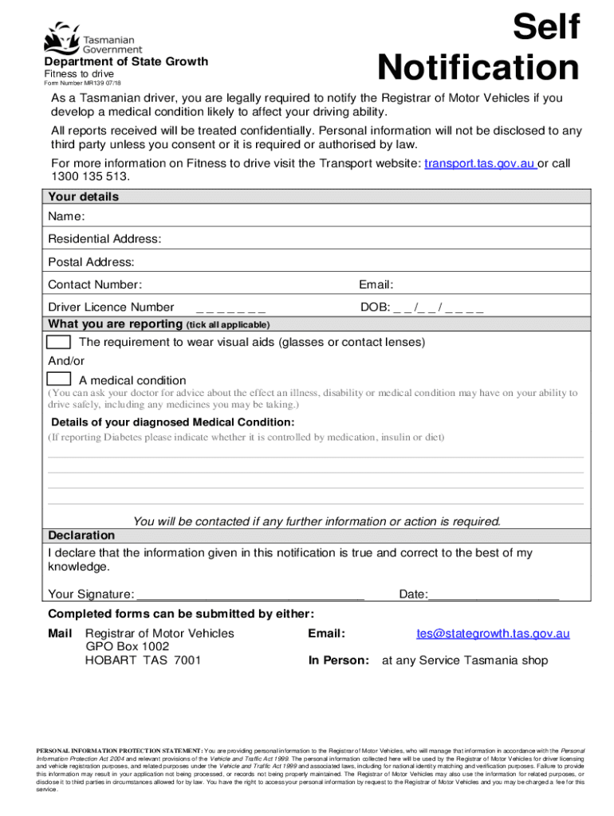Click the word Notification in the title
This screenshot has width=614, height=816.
click(x=478, y=68)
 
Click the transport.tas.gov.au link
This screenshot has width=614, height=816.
click(x=480, y=163)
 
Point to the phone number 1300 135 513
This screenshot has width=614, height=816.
click(x=89, y=177)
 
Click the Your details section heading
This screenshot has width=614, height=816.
click(x=83, y=197)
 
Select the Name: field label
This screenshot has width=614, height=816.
click(x=67, y=217)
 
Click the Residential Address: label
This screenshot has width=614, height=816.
click(x=104, y=239)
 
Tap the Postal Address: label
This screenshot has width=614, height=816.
click(x=91, y=262)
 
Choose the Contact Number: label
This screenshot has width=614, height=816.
click(x=95, y=284)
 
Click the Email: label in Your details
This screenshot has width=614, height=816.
click(x=376, y=284)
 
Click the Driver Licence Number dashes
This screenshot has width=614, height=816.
click(x=230, y=308)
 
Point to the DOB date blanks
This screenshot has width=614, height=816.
click(x=439, y=308)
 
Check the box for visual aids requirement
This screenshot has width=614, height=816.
click(x=58, y=342)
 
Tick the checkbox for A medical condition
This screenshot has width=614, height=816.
click(x=58, y=379)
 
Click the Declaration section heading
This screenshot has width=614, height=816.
click(x=81, y=535)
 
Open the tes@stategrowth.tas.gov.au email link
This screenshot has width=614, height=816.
click(x=493, y=634)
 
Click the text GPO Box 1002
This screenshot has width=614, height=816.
click(x=127, y=647)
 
